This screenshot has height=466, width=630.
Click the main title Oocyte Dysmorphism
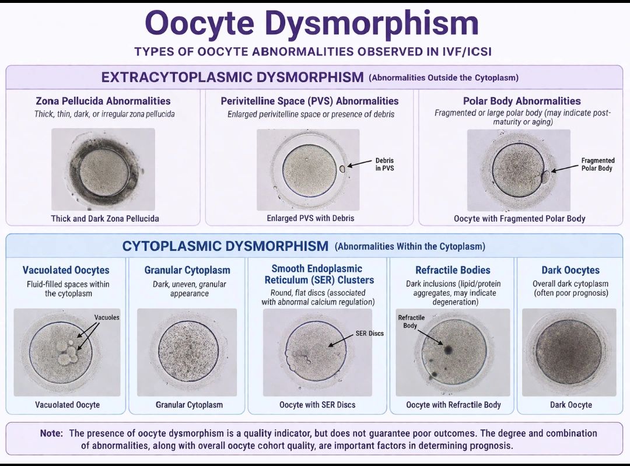coord(311,23)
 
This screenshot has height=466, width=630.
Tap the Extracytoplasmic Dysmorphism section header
coord(232,77)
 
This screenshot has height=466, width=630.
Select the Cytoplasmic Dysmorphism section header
coord(225,246)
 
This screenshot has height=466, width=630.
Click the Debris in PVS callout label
coord(384,164)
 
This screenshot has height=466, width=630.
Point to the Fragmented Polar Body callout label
coord(597,164)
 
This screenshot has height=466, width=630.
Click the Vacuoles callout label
coord(107,317)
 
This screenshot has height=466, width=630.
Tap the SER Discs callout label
coord(369,334)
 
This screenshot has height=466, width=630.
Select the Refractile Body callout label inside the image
coord(411,321)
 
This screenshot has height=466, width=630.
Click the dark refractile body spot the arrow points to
coord(448,349)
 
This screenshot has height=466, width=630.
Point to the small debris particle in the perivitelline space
coord(342,169)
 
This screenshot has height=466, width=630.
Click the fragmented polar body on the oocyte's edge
coord(545,176)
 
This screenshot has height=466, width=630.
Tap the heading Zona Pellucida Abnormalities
coord(103,101)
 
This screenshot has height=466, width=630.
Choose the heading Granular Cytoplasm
coord(187,271)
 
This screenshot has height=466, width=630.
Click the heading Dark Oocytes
coord(570,270)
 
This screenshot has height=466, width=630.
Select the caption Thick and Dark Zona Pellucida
coord(105,219)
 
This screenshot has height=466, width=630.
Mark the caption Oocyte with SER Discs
coord(317,405)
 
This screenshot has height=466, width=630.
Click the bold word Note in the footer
coord(51,433)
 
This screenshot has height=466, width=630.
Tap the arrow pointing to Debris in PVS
coord(359,163)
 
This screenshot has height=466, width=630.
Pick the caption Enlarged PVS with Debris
coord(310,218)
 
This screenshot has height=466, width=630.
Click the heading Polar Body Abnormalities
coord(522,101)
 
